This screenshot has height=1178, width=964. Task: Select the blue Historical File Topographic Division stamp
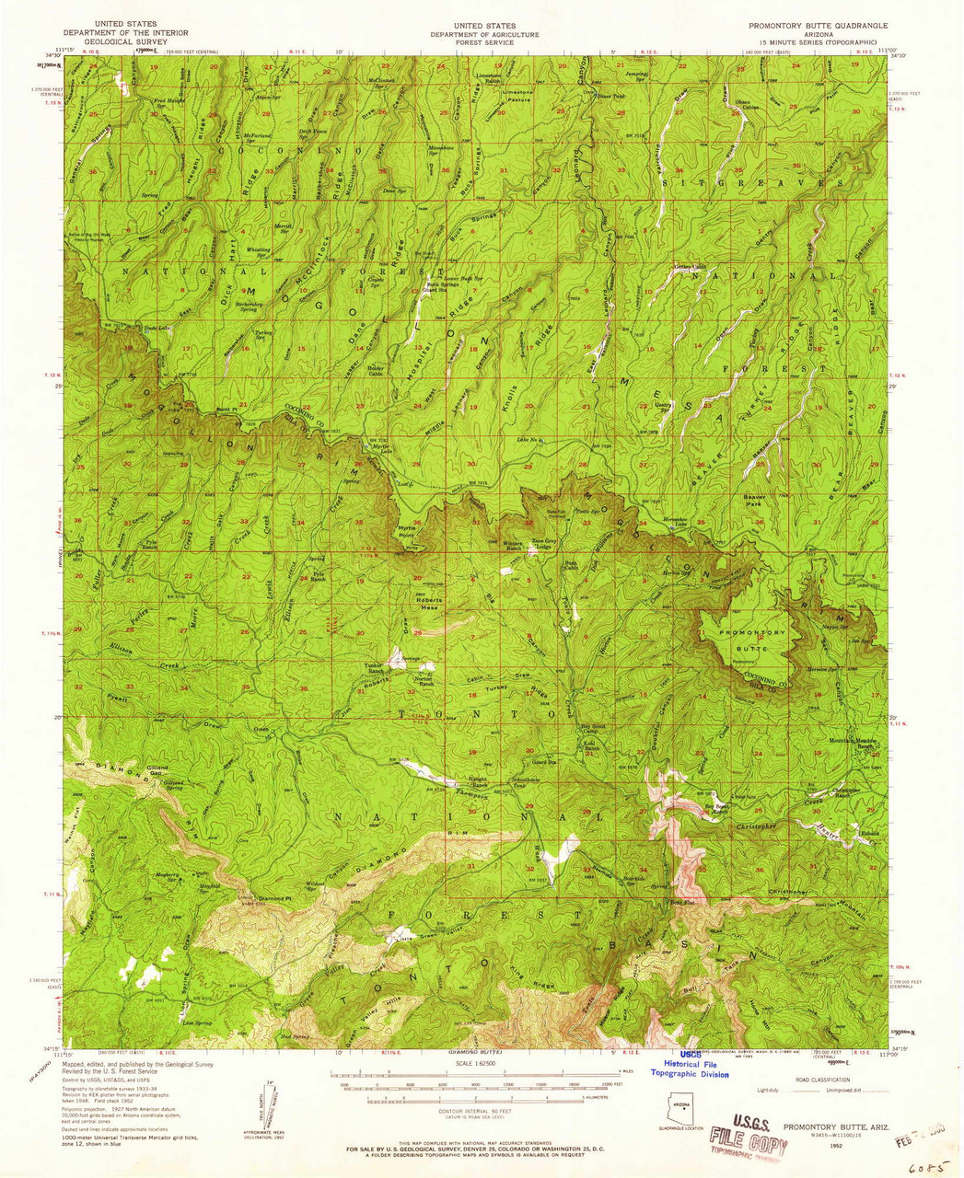click(690, 1065)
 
